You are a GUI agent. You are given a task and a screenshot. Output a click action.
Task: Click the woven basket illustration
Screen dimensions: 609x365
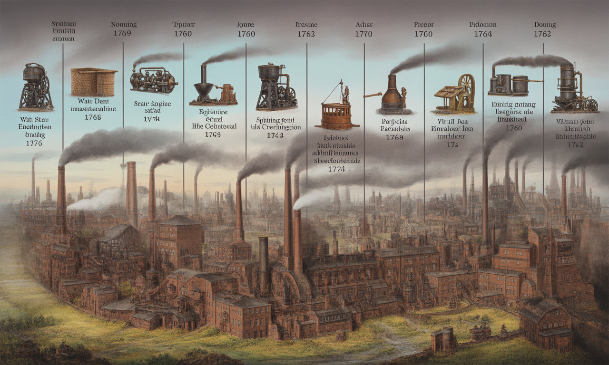[x=94, y=82]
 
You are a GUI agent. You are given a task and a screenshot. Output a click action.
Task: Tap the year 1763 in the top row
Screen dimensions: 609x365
[x=306, y=34]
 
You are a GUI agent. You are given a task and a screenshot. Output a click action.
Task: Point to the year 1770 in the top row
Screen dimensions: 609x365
[x=363, y=34]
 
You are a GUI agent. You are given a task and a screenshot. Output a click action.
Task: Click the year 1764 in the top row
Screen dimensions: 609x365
[x=482, y=34]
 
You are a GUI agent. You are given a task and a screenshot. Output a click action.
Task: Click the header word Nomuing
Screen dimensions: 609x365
[x=123, y=24]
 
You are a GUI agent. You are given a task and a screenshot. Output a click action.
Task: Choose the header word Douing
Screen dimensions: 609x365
[x=545, y=25]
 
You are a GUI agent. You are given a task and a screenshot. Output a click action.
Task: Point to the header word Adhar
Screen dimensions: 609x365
[x=363, y=25]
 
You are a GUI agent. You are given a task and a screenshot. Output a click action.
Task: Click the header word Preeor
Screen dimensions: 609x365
[x=423, y=25]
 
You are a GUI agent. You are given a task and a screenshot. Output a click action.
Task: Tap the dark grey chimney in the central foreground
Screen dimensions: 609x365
[x=264, y=264]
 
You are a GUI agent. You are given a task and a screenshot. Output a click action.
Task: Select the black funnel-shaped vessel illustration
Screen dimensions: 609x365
[x=204, y=88]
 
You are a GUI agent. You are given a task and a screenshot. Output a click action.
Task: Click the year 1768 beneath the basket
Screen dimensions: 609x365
[x=92, y=117]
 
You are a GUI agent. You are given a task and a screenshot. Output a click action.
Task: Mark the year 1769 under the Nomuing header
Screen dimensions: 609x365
[x=123, y=34]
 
